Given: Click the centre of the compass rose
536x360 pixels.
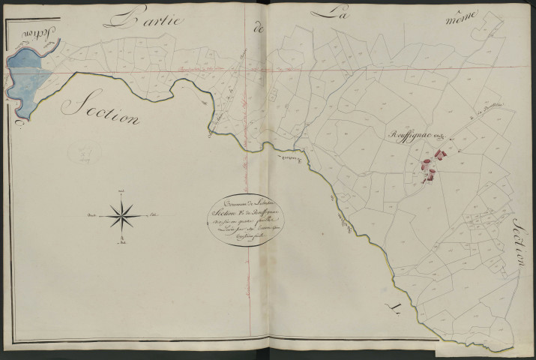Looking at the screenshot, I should [121, 215].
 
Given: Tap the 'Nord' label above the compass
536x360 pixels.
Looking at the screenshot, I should [121, 192].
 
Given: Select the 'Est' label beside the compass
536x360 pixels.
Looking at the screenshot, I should [153, 215].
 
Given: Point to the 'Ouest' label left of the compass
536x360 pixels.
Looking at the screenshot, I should [93, 216].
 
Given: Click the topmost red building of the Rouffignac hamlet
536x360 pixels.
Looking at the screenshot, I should [443, 155].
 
